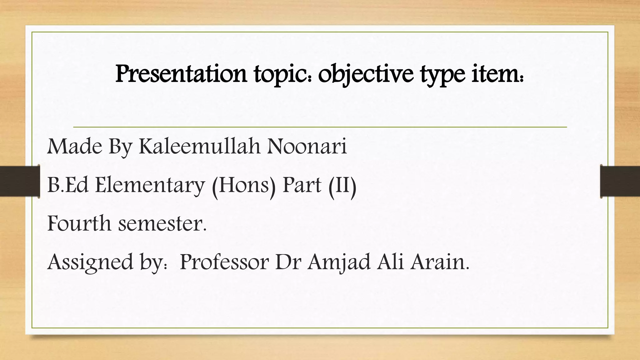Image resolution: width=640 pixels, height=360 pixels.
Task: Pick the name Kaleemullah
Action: [199, 146]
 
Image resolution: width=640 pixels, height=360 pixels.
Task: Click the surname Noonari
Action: [307, 146]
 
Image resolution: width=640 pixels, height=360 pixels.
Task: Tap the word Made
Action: [74, 146]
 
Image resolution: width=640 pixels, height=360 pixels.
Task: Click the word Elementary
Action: [150, 185]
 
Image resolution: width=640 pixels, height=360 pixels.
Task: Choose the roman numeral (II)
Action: [342, 185]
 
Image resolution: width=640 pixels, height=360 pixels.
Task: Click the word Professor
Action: [224, 262]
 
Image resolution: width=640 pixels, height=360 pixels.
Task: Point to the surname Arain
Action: [439, 262]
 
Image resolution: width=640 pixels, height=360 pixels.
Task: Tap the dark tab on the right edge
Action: [620, 181]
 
